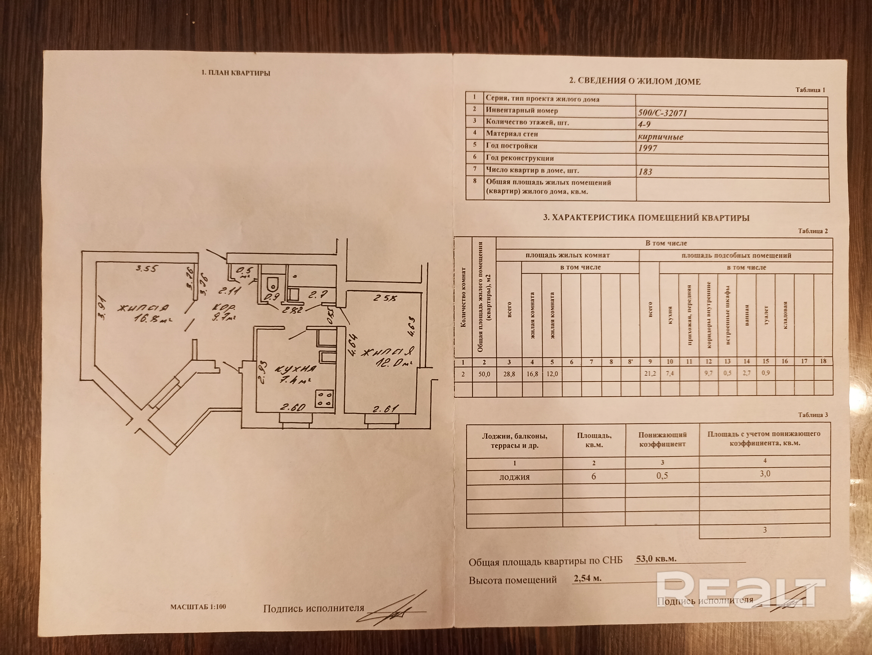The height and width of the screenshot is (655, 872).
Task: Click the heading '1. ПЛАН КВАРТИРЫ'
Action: pos(236,73)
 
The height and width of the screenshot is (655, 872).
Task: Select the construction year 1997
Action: pos(647,148)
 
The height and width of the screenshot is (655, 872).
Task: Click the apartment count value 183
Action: pos(645,171)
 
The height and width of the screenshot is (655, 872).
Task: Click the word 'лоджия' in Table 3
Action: pos(514,477)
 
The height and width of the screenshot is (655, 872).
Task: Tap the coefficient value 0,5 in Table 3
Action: pos(662,476)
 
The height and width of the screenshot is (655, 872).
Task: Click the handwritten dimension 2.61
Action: pos(384,409)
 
